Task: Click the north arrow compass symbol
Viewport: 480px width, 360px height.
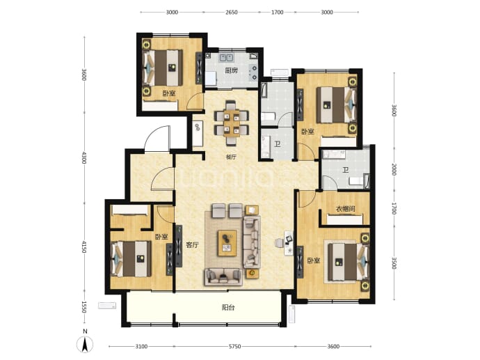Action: (x=85, y=343)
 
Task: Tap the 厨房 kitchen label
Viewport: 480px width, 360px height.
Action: (x=231, y=71)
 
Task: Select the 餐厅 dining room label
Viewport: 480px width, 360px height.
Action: (x=231, y=157)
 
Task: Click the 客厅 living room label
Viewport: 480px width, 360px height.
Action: (x=192, y=245)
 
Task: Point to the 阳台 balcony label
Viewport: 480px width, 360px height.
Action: (x=228, y=307)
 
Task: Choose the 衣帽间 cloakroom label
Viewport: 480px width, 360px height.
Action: (x=346, y=209)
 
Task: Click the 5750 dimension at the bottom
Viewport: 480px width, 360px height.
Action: (x=235, y=347)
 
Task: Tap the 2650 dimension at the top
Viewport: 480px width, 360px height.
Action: (x=232, y=13)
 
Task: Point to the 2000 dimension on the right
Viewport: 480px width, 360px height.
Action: (x=394, y=170)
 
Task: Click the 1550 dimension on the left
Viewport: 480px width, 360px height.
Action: (x=84, y=307)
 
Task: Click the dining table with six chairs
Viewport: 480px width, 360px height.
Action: (x=232, y=123)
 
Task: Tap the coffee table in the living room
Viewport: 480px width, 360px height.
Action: (x=227, y=243)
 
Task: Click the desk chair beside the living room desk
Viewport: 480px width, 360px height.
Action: (x=279, y=242)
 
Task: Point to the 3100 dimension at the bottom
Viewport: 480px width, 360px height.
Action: (x=141, y=347)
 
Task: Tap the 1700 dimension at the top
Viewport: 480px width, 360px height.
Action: (x=278, y=13)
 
